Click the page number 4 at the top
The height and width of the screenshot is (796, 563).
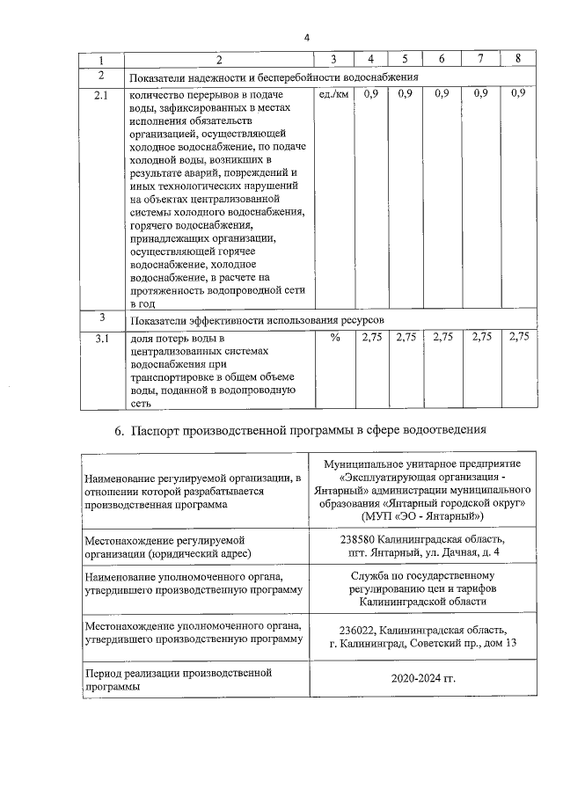click(x=306, y=37)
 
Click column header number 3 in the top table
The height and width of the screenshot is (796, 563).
click(x=334, y=59)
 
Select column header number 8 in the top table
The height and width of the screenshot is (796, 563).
click(x=519, y=59)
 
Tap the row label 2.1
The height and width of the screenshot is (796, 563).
click(x=102, y=94)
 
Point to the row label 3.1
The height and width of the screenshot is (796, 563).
click(x=102, y=338)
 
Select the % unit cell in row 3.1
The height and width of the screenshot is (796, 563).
click(x=334, y=338)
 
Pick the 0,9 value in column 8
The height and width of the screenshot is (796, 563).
click(x=517, y=93)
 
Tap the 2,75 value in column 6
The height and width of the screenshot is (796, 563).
click(x=443, y=337)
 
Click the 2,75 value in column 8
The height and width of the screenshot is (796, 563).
click(x=519, y=337)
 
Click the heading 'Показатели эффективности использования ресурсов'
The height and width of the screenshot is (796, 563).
click(x=258, y=318)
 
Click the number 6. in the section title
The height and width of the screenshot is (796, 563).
click(x=121, y=432)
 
